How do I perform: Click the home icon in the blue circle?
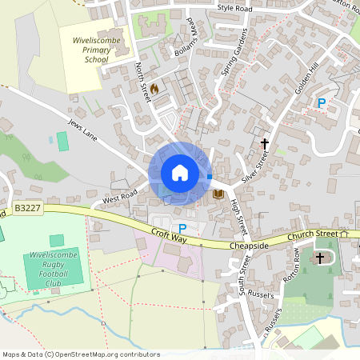pyautogui.click(x=180, y=173)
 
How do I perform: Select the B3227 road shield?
pyautogui.click(x=26, y=208)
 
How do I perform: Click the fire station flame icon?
pyautogui.click(x=154, y=87)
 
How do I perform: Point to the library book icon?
pyautogui.click(x=218, y=194)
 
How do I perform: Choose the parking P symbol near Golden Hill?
pyautogui.click(x=322, y=102)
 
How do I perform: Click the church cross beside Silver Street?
pyautogui.click(x=265, y=144)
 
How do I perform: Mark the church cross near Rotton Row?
pyautogui.click(x=321, y=258)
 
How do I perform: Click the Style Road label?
pyautogui.click(x=234, y=8)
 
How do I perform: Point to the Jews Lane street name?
pyautogui.click(x=82, y=131)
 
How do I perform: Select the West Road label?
pyautogui.click(x=120, y=195)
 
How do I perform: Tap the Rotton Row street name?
pyautogui.click(x=290, y=265)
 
